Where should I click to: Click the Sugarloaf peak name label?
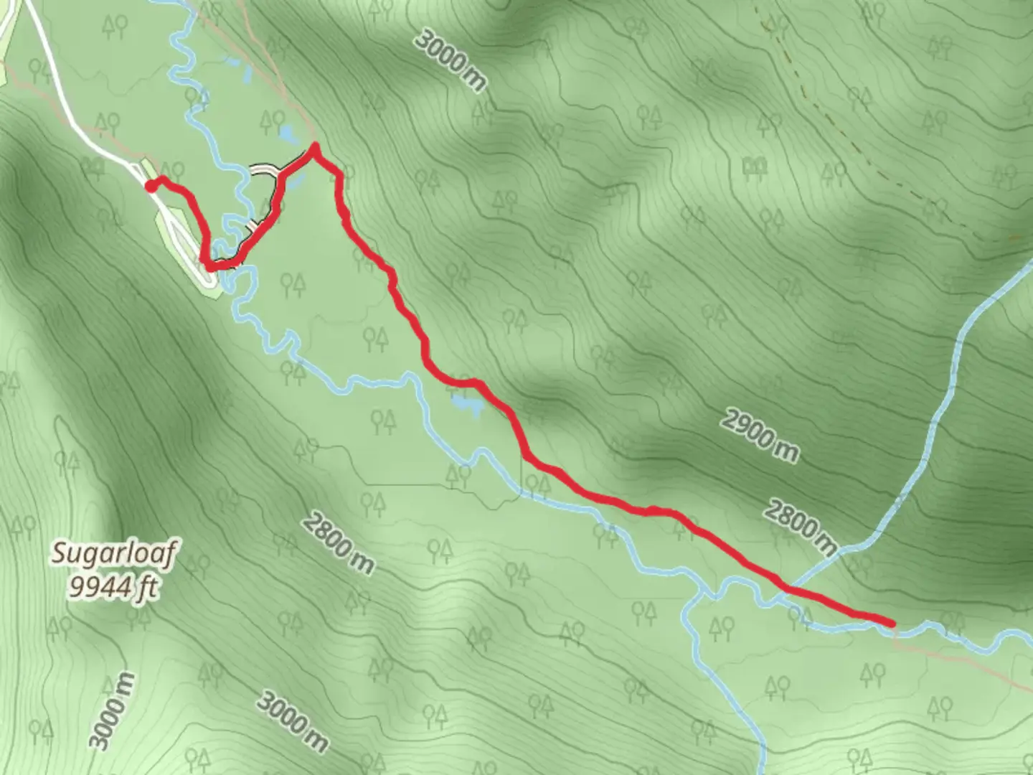(115, 554)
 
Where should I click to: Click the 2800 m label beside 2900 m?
(799, 526)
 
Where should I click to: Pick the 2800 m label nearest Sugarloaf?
(337, 543)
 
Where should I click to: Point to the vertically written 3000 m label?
(112, 711)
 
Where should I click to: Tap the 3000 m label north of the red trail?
(451, 60)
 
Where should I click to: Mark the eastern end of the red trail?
(891, 622)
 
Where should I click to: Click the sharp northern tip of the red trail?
(313, 149)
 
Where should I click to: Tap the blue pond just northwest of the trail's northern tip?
(286, 133)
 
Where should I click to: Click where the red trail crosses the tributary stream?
(788, 589)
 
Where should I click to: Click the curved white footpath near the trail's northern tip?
(263, 169)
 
